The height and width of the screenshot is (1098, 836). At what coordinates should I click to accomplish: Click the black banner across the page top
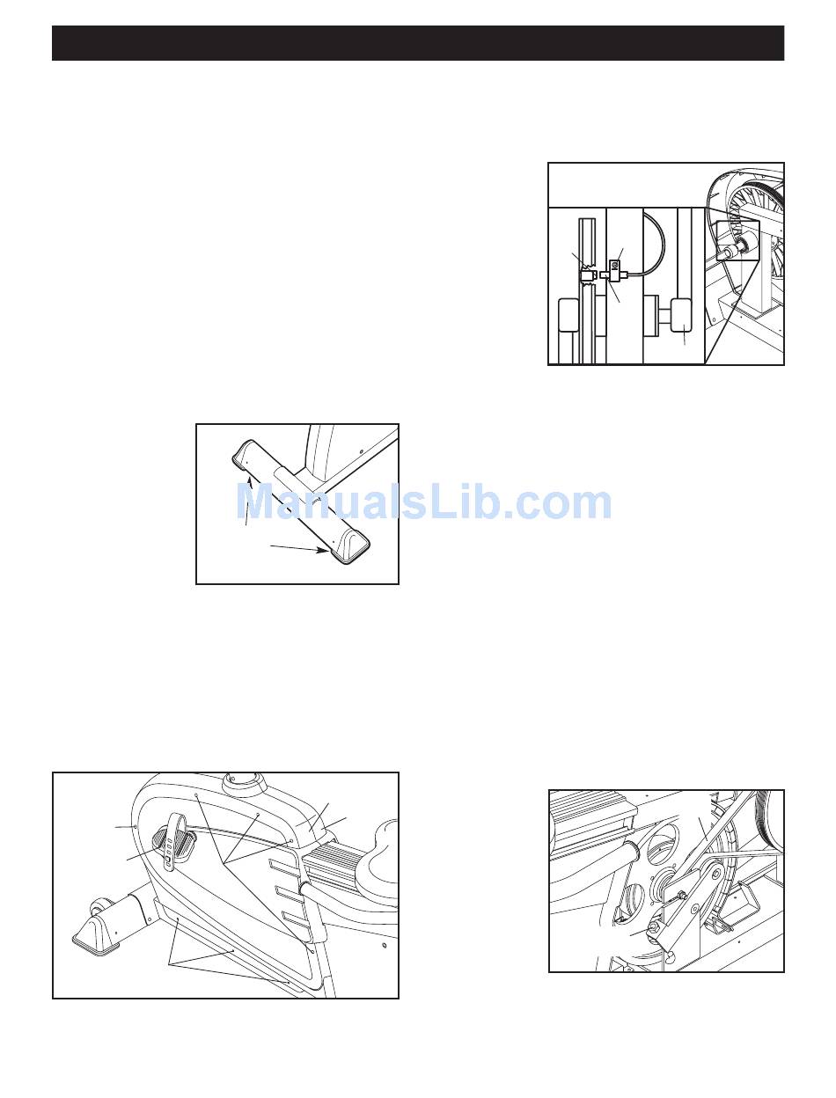click(418, 43)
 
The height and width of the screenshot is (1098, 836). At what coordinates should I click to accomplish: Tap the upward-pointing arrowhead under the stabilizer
click(250, 481)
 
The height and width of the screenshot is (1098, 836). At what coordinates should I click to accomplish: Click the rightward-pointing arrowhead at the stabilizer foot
click(324, 550)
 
